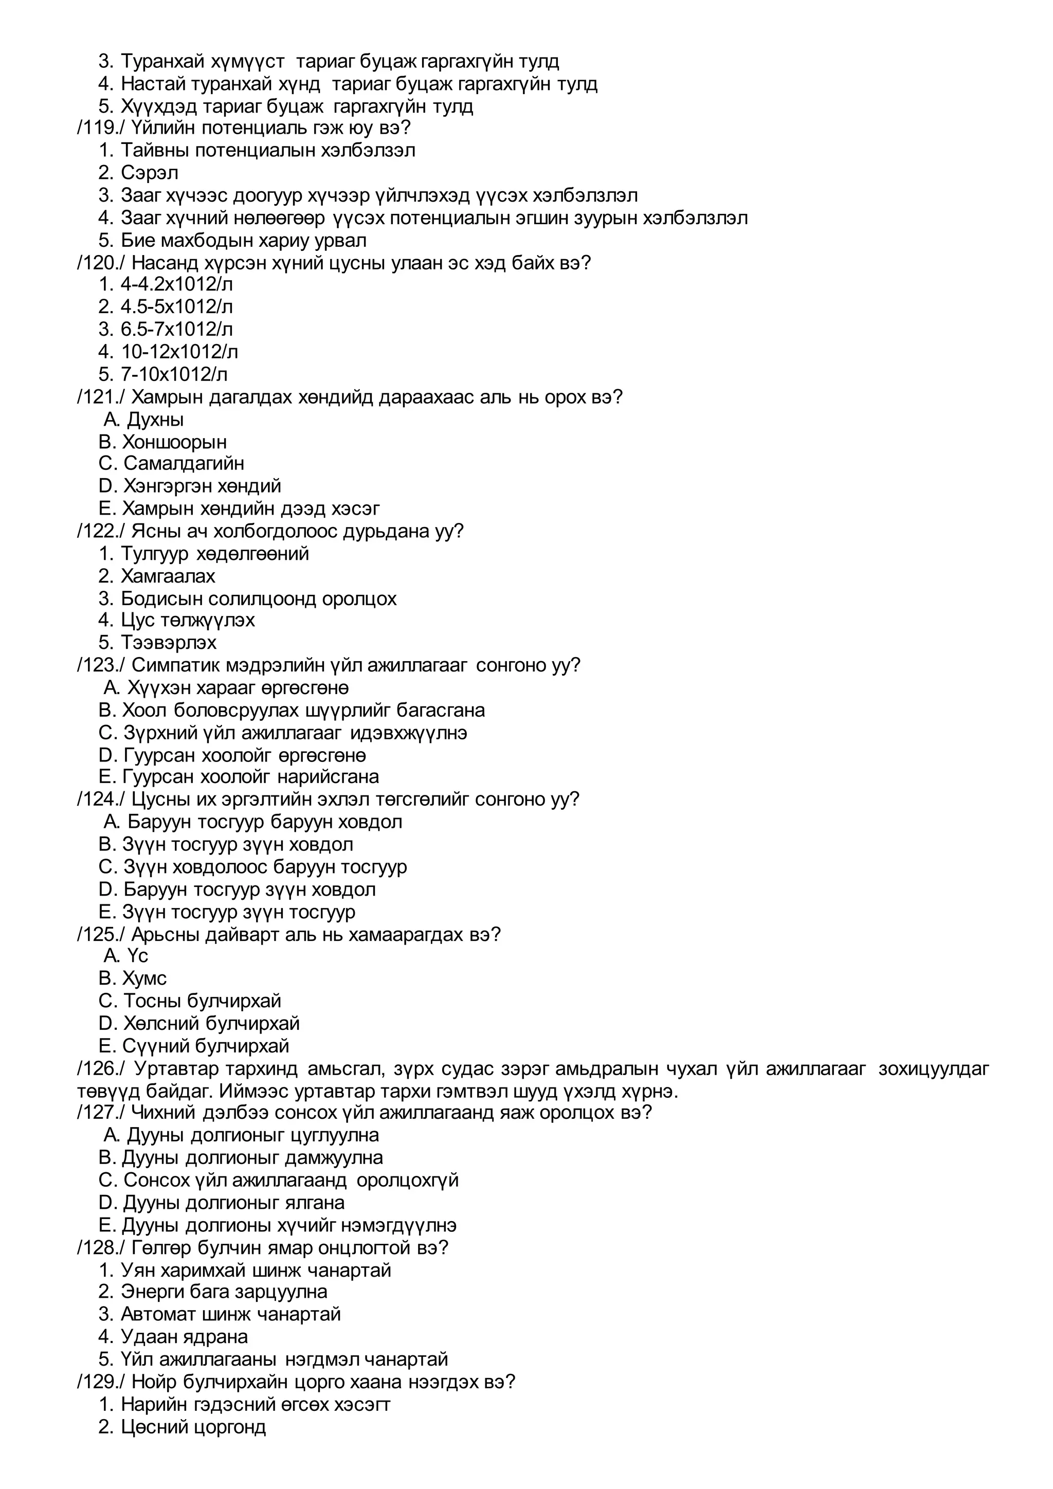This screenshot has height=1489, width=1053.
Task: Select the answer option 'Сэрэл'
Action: point(149,173)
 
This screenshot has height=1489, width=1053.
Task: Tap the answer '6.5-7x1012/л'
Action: point(176,330)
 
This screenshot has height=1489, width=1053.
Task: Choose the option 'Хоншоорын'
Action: point(174,442)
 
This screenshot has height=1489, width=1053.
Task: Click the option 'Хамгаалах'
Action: point(167,576)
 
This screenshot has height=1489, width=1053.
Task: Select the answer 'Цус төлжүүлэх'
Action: point(187,621)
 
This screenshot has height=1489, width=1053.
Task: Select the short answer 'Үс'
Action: point(137,956)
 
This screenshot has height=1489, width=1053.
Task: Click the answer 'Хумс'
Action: point(144,978)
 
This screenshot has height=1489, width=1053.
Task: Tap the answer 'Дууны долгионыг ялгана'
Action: point(233,1203)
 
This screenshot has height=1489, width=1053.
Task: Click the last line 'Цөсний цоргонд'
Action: point(193,1427)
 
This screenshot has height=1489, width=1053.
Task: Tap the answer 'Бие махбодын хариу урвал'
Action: point(243,241)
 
